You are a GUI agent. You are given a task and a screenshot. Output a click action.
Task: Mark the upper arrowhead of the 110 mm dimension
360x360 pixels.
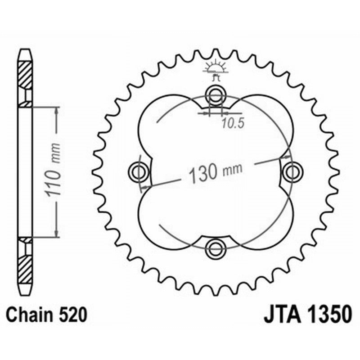coord(56,111)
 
